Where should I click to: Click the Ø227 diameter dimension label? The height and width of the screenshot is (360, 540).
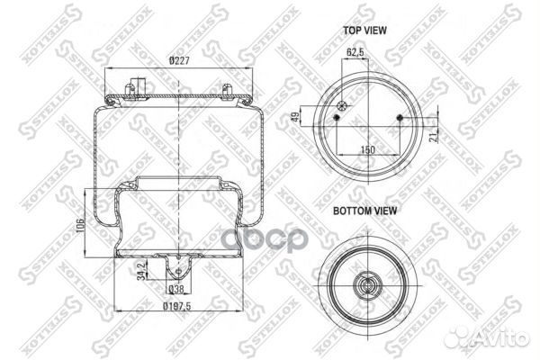(180, 61)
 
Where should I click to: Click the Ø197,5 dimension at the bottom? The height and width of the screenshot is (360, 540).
(178, 306)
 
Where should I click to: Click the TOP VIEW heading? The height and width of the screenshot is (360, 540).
(364, 30)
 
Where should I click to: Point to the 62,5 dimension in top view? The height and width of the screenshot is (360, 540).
(356, 52)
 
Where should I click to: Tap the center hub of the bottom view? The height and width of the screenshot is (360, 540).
(368, 286)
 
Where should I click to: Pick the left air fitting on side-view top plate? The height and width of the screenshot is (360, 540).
(131, 89)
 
